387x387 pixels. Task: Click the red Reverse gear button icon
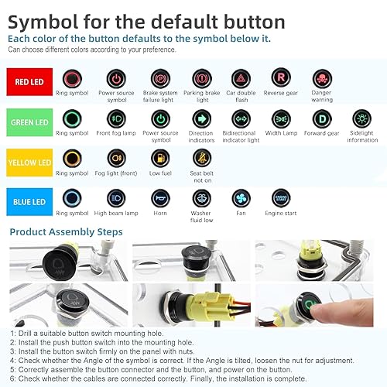[x=282, y=78]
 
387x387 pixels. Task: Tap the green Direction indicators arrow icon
[x=200, y=119]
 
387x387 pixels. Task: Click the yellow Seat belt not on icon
[x=200, y=159]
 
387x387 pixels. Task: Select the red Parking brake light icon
[x=200, y=78]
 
